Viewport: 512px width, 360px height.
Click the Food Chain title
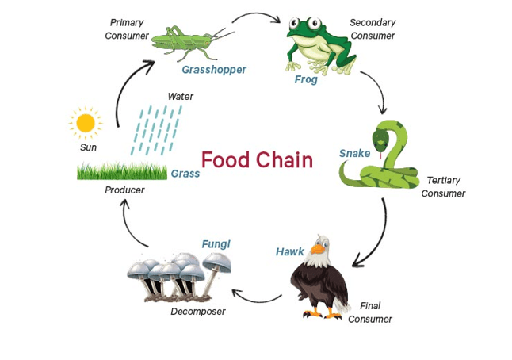(x=257, y=160)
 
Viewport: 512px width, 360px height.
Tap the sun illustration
(x=85, y=123)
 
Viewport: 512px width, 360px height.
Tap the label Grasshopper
(x=214, y=70)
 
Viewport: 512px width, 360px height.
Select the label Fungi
(x=216, y=244)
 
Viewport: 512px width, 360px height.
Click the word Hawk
(x=290, y=251)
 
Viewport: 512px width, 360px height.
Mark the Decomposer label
(x=198, y=312)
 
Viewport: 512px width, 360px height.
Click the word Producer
(x=124, y=190)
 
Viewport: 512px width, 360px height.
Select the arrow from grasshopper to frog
(x=259, y=17)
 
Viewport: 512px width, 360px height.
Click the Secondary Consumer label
(x=373, y=29)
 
